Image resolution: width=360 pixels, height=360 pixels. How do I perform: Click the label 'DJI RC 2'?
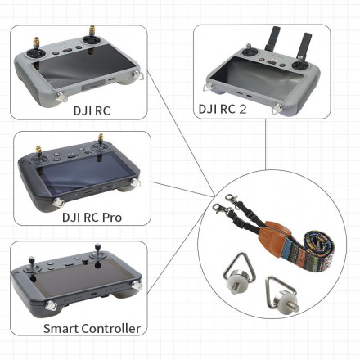click(x=224, y=107)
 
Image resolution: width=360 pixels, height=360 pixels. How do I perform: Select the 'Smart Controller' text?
click(x=92, y=328)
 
